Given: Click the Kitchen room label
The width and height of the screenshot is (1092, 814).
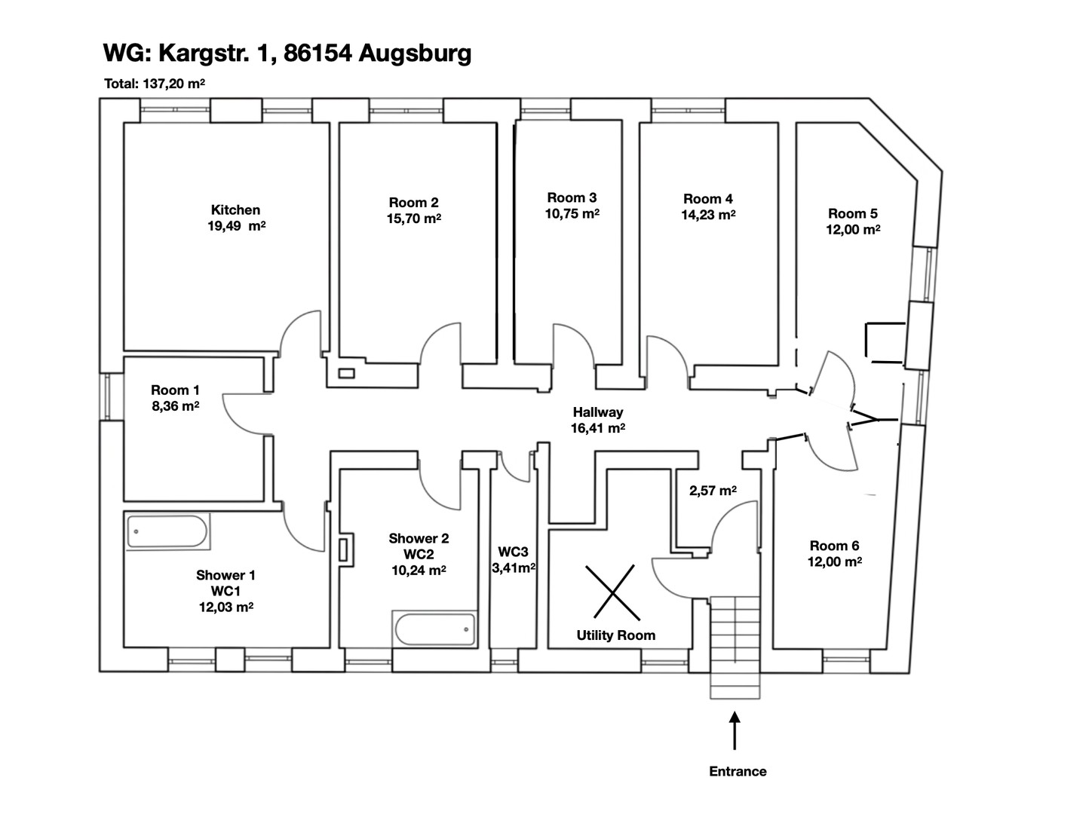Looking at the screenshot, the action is [235, 210].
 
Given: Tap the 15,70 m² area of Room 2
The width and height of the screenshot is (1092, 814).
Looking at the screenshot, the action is [414, 219].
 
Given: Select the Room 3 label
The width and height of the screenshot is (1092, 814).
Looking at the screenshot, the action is [572, 197].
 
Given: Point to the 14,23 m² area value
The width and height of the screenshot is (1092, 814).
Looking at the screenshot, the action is [708, 215].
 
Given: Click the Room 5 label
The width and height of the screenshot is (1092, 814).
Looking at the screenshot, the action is [853, 213].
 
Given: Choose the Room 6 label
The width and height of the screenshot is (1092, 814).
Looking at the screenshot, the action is [834, 546].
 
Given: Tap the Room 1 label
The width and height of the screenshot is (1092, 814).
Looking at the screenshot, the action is [175, 390].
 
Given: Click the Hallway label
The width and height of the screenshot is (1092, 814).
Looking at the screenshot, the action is [597, 412].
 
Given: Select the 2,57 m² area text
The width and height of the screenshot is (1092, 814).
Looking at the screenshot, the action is [713, 491].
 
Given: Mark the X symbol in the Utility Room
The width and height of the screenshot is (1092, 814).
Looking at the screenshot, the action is [612, 592].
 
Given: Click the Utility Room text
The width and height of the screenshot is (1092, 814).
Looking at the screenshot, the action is [616, 635].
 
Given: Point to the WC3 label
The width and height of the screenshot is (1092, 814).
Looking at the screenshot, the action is [513, 552].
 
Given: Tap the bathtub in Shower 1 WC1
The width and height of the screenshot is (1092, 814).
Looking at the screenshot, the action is [168, 531].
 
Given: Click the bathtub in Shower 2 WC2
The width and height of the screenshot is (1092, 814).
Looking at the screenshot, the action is [435, 629].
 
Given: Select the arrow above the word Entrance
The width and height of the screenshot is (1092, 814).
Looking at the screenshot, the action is [735, 730].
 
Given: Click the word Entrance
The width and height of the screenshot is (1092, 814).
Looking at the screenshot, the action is [738, 771].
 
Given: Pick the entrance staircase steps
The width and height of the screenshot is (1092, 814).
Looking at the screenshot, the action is [735, 647].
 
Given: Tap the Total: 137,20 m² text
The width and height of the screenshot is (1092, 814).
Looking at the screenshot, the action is [155, 84].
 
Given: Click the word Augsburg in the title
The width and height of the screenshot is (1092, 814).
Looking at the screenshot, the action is [415, 54].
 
